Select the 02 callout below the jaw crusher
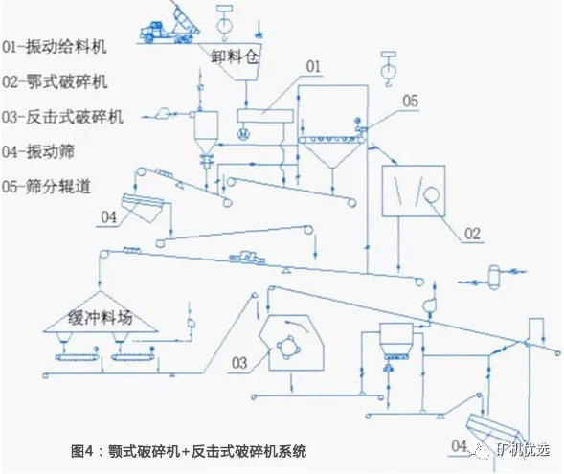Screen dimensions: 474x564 [x=471, y=233]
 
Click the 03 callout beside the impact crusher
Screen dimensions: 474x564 [x=239, y=362]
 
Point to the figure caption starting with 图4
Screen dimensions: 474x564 [x=191, y=448]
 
